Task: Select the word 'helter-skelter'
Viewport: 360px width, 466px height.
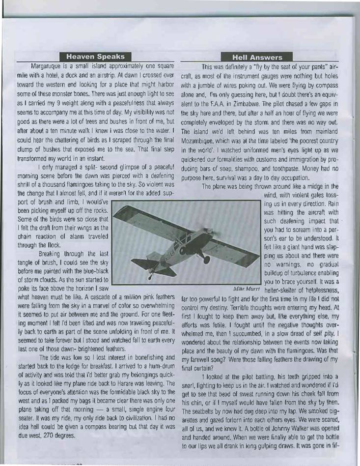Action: (282, 290)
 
